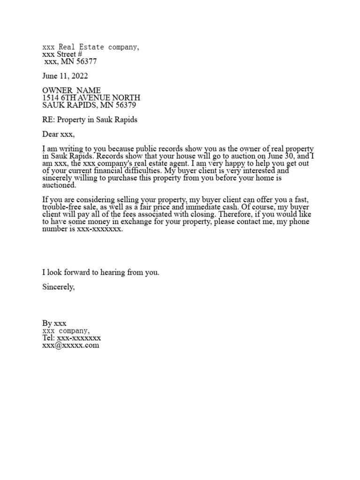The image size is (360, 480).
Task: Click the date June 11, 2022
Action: [65, 76]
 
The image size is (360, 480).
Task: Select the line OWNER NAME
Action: [71, 90]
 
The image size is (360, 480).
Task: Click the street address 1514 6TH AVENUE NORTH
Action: [91, 97]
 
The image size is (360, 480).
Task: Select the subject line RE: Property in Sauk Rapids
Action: [90, 120]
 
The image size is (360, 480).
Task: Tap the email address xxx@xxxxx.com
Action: [71, 345]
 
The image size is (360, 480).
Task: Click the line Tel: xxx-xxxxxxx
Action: [71, 338]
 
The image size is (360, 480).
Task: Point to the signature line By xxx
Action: [54, 323]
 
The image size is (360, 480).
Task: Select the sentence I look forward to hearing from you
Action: [101, 272]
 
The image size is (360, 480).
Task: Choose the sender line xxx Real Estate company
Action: [90, 47]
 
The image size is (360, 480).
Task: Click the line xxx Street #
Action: [62, 54]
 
